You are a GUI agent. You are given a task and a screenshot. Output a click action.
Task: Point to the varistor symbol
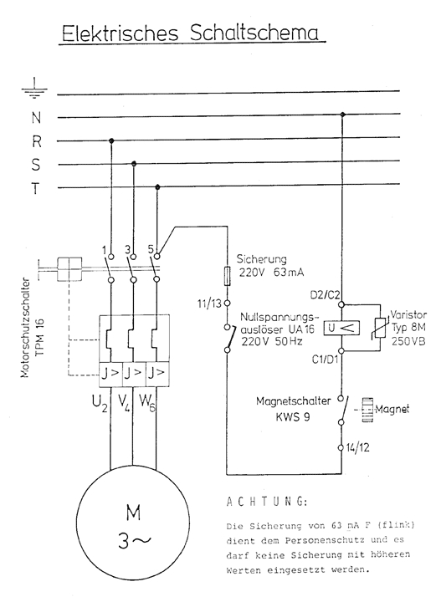click(x=382, y=329)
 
